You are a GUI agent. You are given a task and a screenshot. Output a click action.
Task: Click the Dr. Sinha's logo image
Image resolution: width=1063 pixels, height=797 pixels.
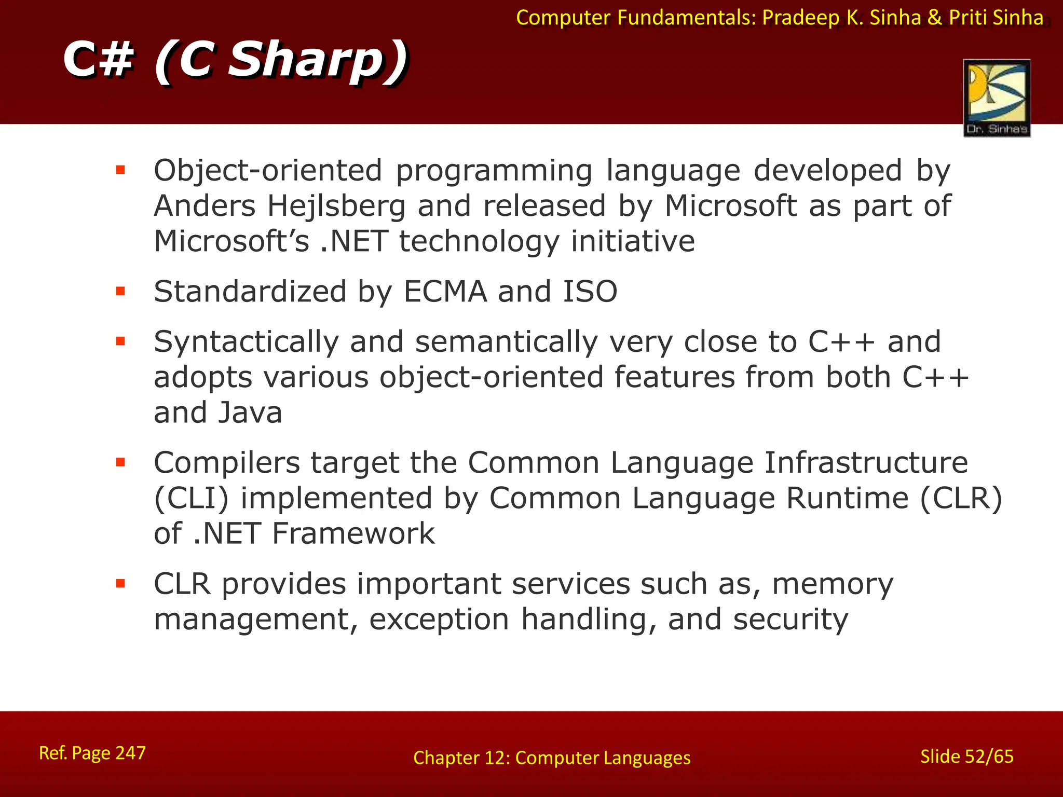pos(997,98)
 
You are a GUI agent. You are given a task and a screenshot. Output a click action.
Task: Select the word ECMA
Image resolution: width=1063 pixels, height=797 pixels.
pos(445,292)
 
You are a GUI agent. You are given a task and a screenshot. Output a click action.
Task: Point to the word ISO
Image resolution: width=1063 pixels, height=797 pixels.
pos(590,292)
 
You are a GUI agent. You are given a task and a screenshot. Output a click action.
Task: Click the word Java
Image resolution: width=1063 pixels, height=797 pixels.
pos(250,413)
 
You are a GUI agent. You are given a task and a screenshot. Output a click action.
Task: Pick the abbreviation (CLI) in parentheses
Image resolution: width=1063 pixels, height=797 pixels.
pos(191,499)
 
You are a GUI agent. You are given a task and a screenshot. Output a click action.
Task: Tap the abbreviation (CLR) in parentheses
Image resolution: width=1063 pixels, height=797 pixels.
pos(961,499)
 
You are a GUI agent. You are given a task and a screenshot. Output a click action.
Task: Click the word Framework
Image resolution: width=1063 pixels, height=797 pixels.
pos(353,534)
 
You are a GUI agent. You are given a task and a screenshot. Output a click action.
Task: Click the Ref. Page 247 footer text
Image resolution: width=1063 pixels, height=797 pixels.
pos(92,753)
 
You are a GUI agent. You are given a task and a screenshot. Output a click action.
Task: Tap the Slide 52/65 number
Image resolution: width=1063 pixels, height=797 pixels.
pos(966,757)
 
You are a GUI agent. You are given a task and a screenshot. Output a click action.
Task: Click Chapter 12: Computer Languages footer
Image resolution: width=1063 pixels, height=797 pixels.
pos(552,758)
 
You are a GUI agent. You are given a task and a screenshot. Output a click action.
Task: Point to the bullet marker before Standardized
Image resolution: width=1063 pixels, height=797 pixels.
pos(121,291)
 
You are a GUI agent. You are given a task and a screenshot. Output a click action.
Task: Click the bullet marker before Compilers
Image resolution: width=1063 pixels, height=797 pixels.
pos(121,462)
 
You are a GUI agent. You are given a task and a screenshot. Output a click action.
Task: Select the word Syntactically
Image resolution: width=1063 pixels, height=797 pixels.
pos(246,342)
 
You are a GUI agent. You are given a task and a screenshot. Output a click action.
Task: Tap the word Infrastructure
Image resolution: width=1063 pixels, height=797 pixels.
pos(866,463)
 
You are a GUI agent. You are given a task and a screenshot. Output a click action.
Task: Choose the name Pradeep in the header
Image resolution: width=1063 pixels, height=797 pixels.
pos(801,18)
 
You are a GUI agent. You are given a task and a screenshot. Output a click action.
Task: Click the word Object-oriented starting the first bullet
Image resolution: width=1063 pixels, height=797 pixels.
pos(268,171)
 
